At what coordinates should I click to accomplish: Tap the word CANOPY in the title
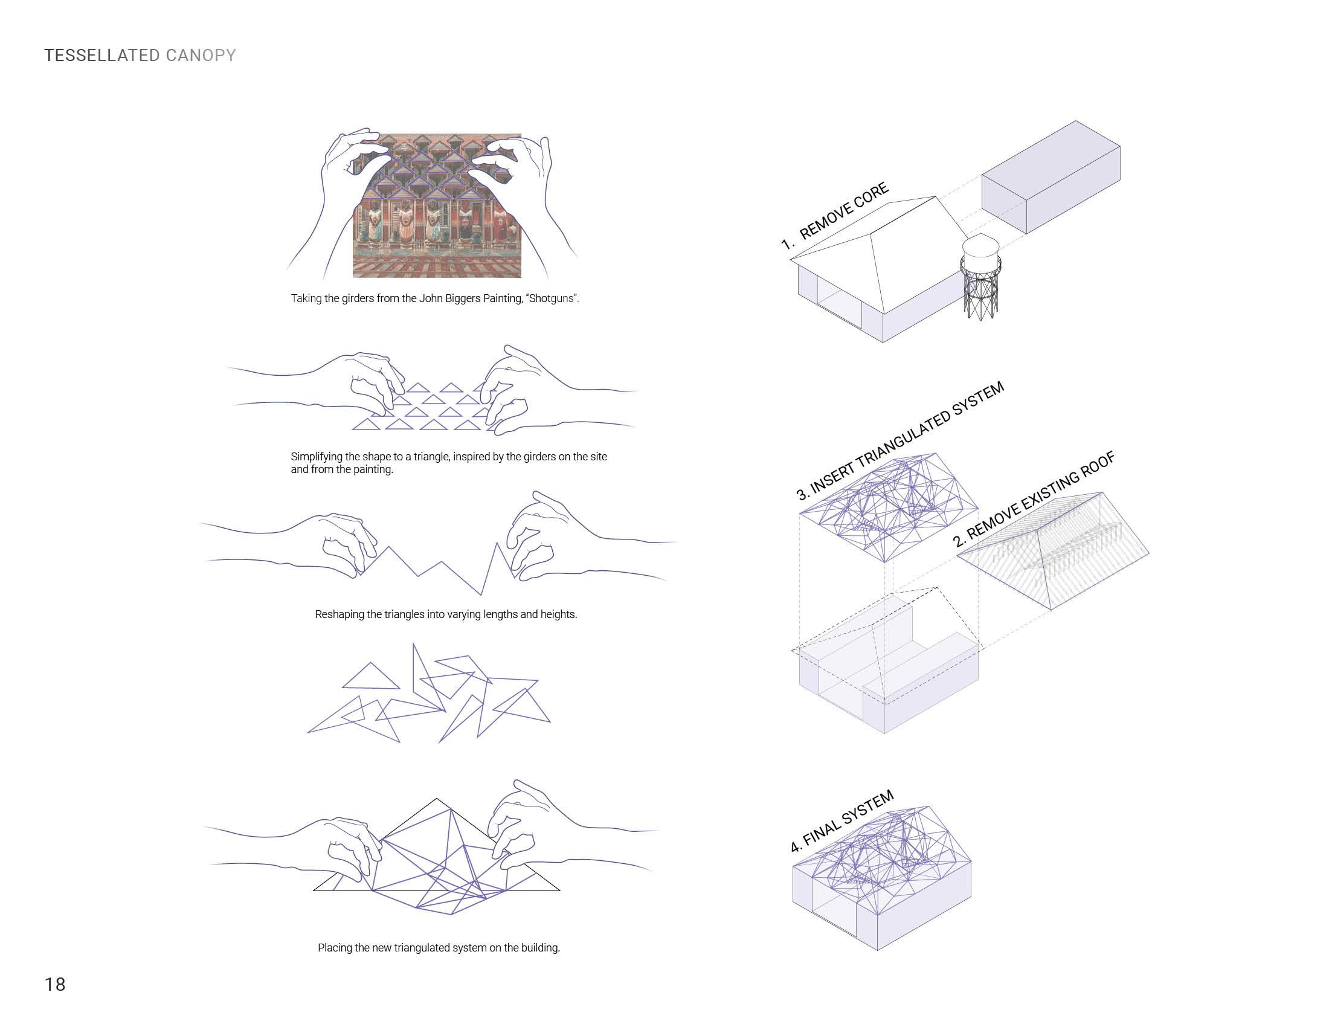pos(200,56)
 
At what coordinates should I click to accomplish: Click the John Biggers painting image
pos(437,205)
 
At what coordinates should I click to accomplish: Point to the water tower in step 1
pos(980,278)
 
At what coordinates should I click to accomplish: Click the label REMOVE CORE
pos(843,211)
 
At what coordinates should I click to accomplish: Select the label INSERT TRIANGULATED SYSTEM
pos(901,442)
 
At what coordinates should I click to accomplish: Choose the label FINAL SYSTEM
pos(842,821)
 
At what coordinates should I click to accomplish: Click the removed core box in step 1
pos(1051,177)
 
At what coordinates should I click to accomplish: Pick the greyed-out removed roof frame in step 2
pos(1054,550)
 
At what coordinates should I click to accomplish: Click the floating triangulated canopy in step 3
pos(889,507)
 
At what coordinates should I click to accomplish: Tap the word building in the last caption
pos(539,948)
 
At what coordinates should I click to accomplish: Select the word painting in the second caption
pos(372,469)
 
